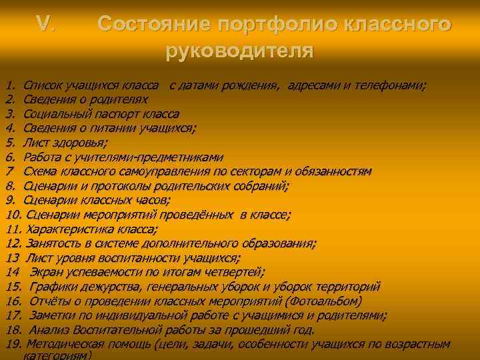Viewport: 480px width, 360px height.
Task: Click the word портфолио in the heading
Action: click(275, 25)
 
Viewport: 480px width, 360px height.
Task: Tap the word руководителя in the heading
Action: click(239, 50)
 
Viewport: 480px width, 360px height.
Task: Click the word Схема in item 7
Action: click(39, 171)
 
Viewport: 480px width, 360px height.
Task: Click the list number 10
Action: click(14, 215)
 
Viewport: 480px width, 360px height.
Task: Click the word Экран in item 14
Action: click(47, 272)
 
